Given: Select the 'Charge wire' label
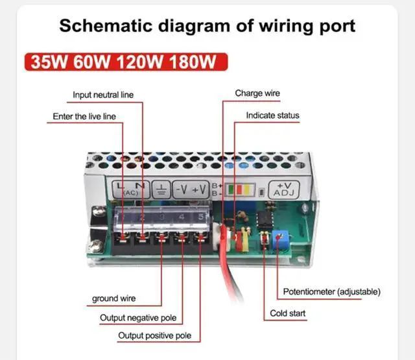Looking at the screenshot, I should click(x=257, y=93).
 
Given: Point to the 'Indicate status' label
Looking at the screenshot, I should click(x=272, y=116).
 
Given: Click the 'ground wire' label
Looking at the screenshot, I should click(x=113, y=299).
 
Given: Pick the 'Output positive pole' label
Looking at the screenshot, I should click(x=154, y=336).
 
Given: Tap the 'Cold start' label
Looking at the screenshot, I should click(x=288, y=314).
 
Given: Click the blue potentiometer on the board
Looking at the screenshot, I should click(x=282, y=239).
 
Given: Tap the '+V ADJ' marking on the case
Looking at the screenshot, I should click(x=283, y=189).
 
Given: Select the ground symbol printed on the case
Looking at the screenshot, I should click(x=161, y=189).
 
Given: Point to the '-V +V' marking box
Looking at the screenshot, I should click(x=190, y=189).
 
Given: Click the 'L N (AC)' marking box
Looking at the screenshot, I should click(x=132, y=189).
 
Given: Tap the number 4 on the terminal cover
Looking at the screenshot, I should click(x=182, y=217).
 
